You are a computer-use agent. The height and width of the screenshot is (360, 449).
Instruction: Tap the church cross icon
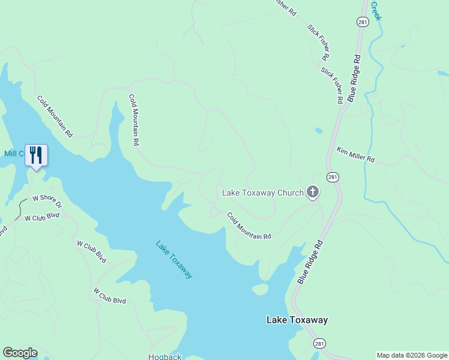click(312, 192)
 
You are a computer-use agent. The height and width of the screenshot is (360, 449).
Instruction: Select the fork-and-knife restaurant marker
click(36, 155)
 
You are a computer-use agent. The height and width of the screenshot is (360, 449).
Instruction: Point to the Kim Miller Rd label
click(355, 155)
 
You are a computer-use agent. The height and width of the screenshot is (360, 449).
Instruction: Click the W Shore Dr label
click(47, 201)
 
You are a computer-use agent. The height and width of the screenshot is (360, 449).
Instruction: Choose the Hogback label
click(165, 356)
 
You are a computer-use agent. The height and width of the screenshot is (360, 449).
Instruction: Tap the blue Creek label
click(376, 10)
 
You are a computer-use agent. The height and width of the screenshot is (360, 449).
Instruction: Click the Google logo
click(20, 353)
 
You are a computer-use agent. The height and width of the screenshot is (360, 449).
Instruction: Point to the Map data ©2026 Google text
click(412, 355)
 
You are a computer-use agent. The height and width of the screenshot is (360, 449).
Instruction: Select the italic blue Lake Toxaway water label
click(174, 259)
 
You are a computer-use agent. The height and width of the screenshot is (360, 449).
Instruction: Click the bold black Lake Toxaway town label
click(297, 320)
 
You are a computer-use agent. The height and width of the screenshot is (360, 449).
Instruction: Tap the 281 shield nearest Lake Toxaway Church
click(333, 177)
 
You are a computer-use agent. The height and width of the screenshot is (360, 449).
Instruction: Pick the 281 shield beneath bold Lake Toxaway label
click(319, 343)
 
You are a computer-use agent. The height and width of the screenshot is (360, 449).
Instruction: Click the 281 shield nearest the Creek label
click(362, 22)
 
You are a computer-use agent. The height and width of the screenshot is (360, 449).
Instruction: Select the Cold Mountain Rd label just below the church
click(249, 226)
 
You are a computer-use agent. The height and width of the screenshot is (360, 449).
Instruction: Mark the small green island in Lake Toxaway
click(260, 289)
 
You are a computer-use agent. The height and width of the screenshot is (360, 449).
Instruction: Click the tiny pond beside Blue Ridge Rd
click(318, 130)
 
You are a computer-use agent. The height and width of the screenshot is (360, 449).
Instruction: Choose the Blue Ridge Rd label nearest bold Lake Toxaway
click(310, 262)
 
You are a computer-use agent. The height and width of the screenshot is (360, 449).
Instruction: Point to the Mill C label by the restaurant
click(13, 154)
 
